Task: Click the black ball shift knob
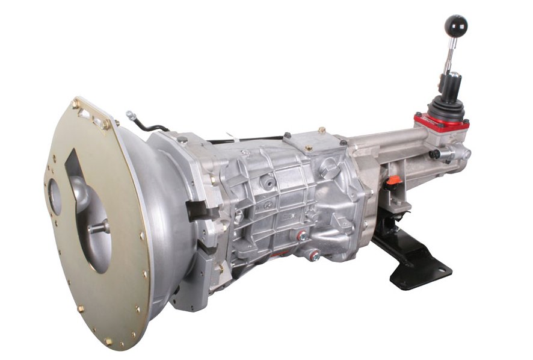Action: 455,26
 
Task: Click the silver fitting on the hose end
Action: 131,114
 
